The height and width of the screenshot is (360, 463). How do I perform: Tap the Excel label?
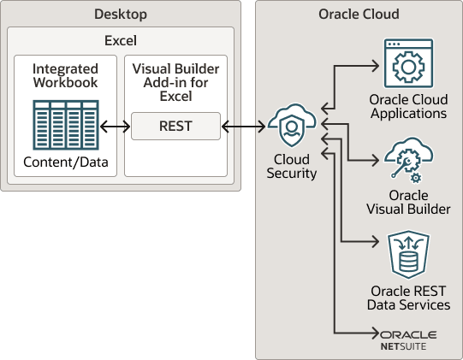tap(121, 40)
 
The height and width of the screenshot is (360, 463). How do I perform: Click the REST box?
tap(175, 127)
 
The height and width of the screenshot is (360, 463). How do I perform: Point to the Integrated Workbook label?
tap(64, 74)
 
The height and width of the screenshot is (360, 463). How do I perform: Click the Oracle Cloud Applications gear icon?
tap(408, 63)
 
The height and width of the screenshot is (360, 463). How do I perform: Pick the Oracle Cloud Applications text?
tap(408, 107)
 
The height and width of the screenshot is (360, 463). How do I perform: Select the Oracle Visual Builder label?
tap(408, 202)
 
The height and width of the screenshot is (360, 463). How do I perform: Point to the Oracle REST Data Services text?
tap(408, 298)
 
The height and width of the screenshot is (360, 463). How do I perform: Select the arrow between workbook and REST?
tap(115, 127)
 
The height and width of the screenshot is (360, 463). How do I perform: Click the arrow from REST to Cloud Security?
tap(244, 127)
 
